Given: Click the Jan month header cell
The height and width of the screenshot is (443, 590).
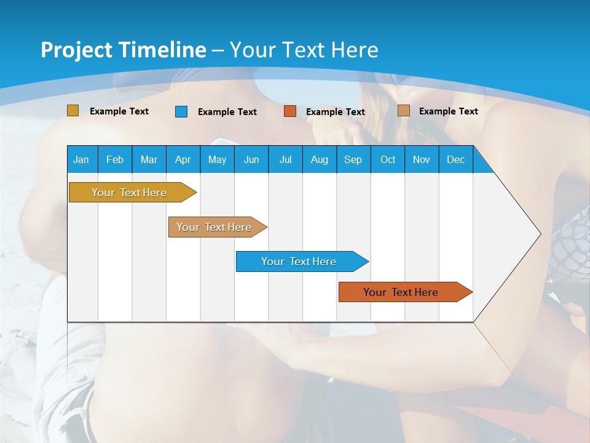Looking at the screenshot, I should coord(82,159).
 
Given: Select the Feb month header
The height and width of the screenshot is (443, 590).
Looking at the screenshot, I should coord(115,159).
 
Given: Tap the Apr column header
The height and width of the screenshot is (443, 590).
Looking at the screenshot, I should coord(183,159).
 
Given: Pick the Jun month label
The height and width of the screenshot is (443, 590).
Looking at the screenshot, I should coord(251,159).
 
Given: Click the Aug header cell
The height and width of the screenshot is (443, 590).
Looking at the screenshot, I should coord(320,159).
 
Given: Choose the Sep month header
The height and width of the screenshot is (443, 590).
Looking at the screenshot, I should coord(353,159).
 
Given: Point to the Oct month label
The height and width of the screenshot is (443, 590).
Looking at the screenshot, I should coord(388,159).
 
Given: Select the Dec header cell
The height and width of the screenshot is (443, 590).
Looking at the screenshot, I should coord(456,159).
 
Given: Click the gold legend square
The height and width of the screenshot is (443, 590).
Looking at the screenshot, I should coord(73,111).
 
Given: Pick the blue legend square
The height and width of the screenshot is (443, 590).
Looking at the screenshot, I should coord(181,111).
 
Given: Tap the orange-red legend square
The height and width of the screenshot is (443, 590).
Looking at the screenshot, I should coord(290,111).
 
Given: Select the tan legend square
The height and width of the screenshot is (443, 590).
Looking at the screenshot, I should coord(403,111).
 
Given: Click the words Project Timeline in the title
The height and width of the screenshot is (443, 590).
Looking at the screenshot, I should coord(123,50).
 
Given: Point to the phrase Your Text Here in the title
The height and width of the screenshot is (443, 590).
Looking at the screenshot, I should coord(304,50).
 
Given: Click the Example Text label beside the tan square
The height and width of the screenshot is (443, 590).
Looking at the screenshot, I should coord(448,111).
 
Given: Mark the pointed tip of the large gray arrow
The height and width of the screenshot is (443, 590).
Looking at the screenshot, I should coord(540,234).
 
